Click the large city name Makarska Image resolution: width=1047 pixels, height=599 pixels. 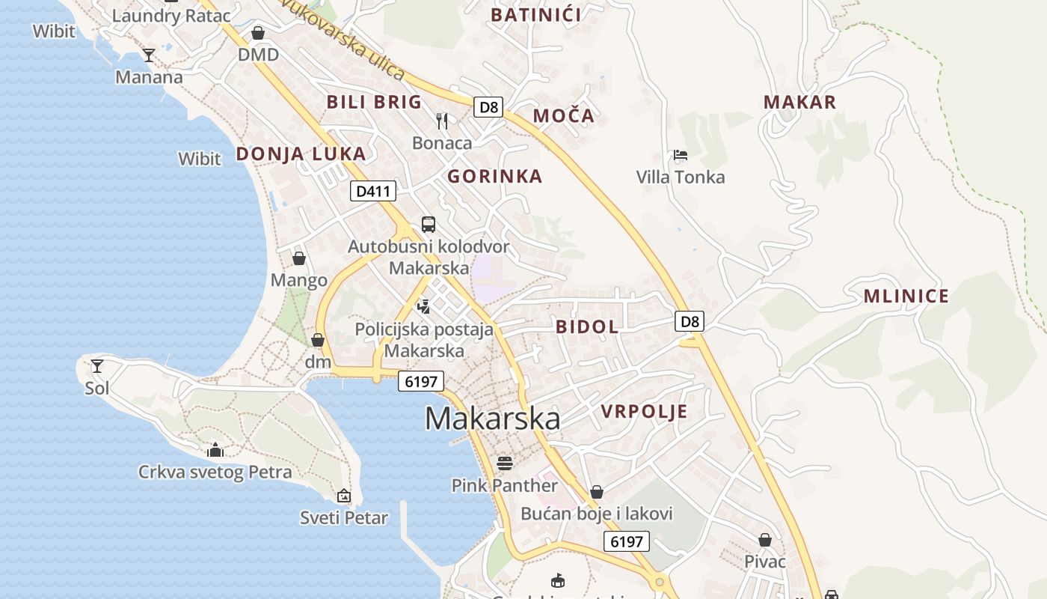pos(492,419)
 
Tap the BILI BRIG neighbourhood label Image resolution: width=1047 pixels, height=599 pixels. pos(374,103)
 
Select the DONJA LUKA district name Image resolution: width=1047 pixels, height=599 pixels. pos(301,154)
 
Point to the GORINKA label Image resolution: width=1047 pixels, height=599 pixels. pos(494,177)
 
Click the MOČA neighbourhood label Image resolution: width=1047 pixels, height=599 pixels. pos(563,116)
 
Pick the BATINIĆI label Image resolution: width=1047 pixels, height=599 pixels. pos(535,15)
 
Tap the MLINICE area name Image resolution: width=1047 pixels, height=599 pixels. pos(906,297)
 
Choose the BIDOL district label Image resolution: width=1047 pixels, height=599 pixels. pos(587,326)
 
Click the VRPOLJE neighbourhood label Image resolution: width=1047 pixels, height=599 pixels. pos(644,412)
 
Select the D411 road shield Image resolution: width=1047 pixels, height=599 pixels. pos(372,191)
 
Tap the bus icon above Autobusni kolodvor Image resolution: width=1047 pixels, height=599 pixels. pos(429,224)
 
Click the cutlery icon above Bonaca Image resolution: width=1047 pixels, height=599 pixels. pos(442,121)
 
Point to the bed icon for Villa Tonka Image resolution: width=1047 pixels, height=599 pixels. pos(680,155)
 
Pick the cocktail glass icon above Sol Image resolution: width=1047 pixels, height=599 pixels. pos(97,366)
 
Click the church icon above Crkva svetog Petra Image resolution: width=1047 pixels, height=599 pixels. pos(215,450)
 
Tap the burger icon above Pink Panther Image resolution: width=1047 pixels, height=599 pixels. pos(505,463)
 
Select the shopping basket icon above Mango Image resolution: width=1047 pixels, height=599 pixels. pos(299,258)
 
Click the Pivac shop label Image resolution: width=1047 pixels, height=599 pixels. pos(764,562)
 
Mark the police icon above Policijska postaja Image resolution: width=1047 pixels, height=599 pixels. pos(424,305)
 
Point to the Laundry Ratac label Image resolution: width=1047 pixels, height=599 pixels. pos(171,15)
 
